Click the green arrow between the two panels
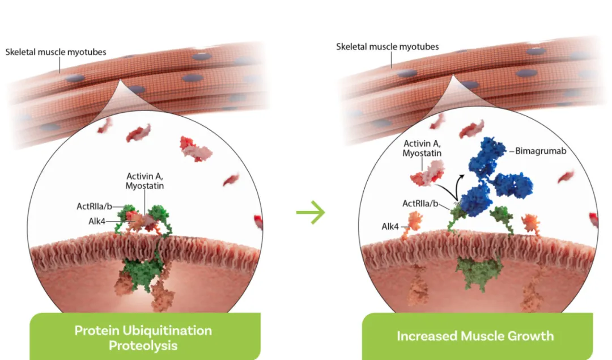point(311,213)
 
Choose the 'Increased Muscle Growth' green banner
point(475,336)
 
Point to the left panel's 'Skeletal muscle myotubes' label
point(56,52)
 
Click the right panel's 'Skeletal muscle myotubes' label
point(388,46)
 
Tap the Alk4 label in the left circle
point(95,221)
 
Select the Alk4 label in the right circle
point(390,226)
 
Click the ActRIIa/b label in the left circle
point(95,206)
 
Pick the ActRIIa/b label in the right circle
point(422,202)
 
